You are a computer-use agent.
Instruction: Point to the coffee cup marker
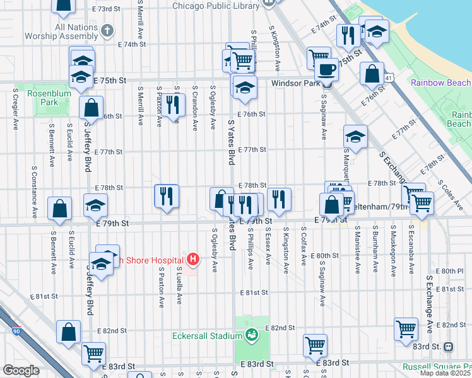tap(326, 69)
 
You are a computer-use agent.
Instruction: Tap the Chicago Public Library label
tap(216, 6)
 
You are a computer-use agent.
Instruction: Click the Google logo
tap(21, 370)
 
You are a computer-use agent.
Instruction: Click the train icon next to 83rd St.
tap(448, 346)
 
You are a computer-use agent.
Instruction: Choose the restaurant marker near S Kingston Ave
tap(279, 200)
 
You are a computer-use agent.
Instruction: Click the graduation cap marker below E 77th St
tap(355, 137)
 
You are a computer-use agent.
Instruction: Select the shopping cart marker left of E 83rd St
tap(93, 354)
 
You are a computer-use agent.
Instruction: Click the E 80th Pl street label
tap(453, 270)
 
